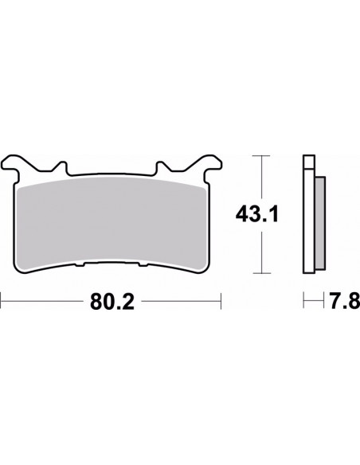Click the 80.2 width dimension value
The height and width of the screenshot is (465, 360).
(x=109, y=303)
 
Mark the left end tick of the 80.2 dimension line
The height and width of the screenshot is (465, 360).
(x=2, y=303)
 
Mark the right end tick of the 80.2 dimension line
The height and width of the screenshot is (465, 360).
(x=219, y=303)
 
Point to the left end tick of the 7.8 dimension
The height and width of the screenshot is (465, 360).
(x=303, y=303)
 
